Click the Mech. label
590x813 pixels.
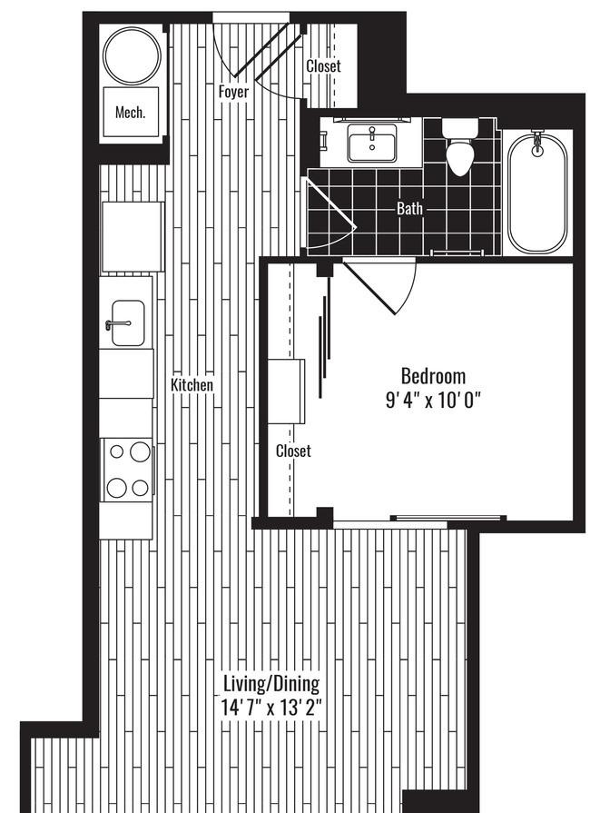click(131, 113)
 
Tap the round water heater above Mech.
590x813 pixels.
click(132, 55)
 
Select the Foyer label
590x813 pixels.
click(233, 92)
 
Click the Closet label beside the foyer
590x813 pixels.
click(323, 66)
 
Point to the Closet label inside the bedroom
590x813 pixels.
click(293, 451)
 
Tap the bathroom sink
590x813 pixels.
click(371, 144)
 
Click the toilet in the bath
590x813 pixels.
click(461, 153)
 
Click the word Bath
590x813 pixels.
click(409, 209)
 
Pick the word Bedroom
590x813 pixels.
click(433, 375)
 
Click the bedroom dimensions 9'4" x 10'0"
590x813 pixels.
click(433, 398)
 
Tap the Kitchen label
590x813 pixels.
click(192, 385)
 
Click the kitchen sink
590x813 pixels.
click(126, 322)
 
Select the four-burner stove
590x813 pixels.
click(127, 469)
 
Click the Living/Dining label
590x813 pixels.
click(272, 683)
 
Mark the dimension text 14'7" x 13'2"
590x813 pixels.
click(272, 706)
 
